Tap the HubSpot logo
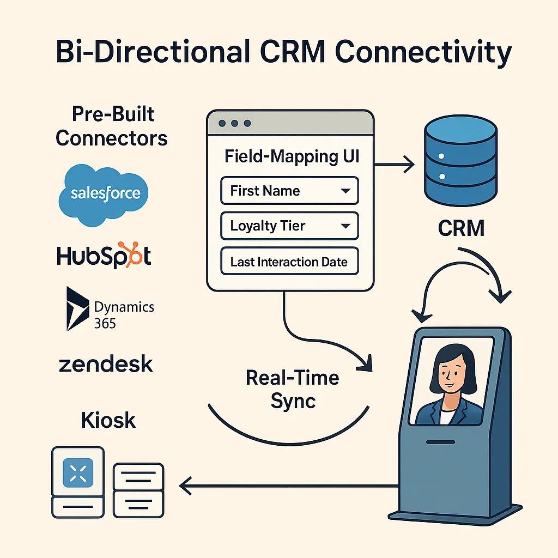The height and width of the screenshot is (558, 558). pos(104,255)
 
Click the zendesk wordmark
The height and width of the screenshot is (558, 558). pos(105,364)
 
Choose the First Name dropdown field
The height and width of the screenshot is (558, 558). pos(289,191)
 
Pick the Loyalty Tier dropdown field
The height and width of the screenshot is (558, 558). pos(289,226)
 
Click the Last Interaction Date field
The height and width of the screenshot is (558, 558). pos(289,262)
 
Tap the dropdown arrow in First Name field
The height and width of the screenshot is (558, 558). pos(344,191)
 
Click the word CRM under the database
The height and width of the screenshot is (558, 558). pos(461,228)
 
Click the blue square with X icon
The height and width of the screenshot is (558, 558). pos(78,471)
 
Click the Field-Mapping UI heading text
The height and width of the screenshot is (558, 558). pos(292,156)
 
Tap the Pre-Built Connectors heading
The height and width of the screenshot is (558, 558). pos(112,126)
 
